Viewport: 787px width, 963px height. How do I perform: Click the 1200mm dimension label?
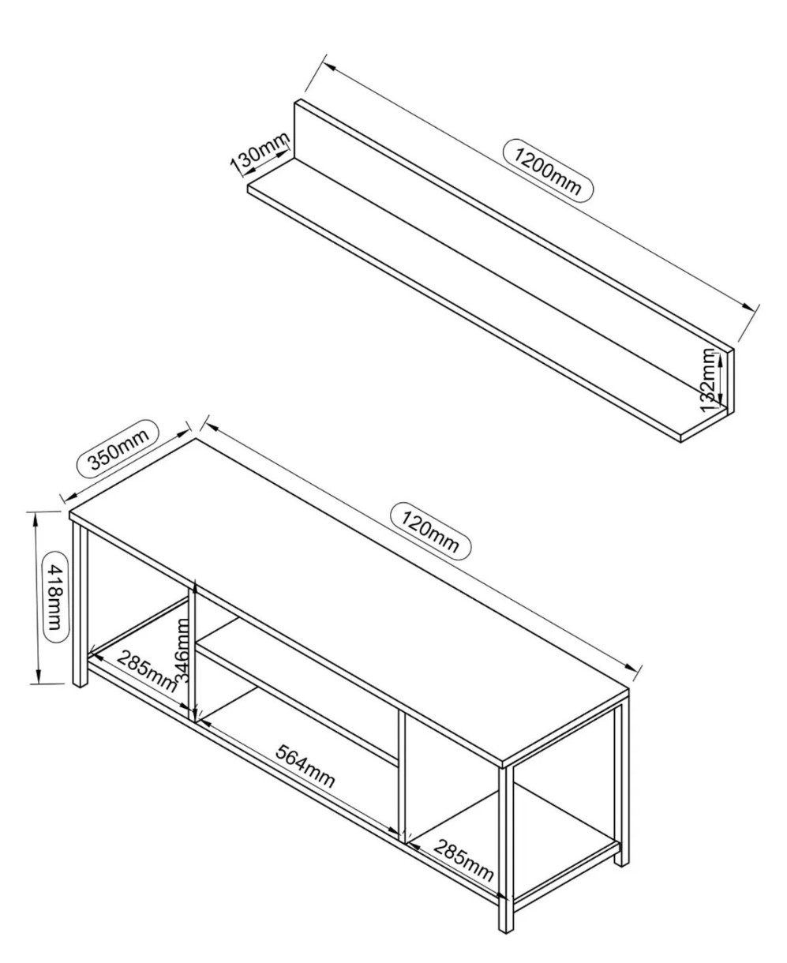click(547, 170)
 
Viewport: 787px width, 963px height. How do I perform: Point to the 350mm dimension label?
click(118, 450)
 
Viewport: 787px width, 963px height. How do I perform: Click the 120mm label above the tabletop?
click(430, 531)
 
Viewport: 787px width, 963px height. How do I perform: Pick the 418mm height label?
click(54, 598)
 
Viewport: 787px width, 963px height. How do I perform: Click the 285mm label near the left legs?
click(146, 671)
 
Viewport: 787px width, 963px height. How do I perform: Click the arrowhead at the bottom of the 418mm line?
click(39, 676)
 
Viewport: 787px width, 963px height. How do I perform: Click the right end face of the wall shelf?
click(730, 383)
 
